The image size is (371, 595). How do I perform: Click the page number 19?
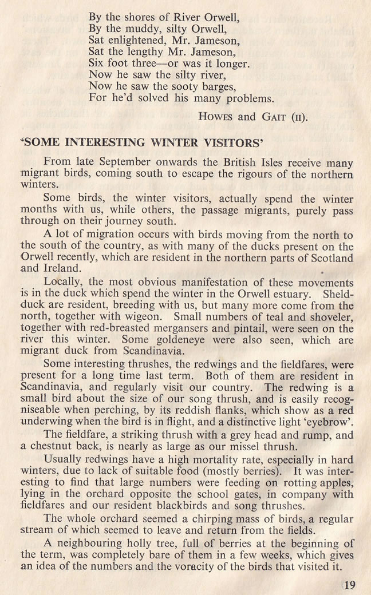(350, 584)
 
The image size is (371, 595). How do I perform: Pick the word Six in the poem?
(98, 62)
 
